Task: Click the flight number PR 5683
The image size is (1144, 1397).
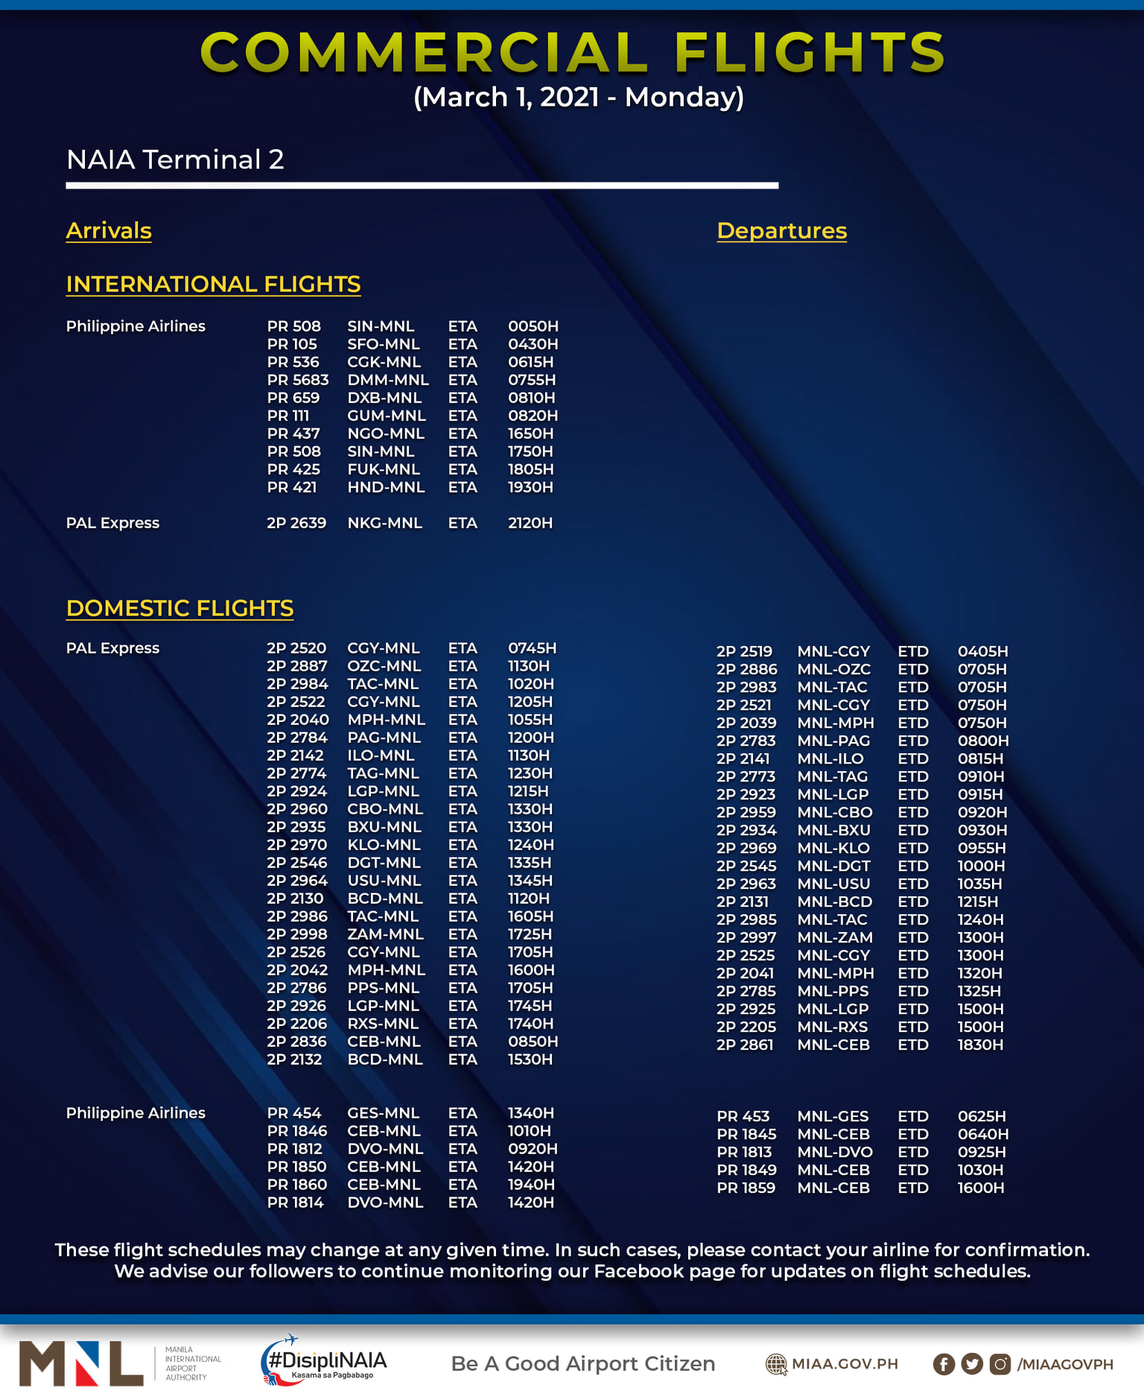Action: tap(297, 380)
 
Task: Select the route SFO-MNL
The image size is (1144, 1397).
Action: tap(383, 344)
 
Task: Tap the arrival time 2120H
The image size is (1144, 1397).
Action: tap(530, 523)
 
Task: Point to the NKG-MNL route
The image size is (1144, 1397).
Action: tap(384, 523)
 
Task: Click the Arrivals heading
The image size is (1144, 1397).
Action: tap(109, 231)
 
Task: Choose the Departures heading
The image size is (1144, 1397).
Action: tap(781, 231)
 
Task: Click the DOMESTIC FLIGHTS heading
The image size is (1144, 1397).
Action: tap(179, 608)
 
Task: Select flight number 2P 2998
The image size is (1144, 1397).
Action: tap(296, 934)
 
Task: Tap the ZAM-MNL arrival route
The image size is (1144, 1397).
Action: tap(385, 934)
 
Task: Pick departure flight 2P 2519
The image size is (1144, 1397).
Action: tap(744, 651)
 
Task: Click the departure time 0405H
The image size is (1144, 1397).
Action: tap(982, 651)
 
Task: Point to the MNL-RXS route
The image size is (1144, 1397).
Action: tap(832, 1027)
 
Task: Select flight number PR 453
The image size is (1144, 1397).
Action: tap(743, 1116)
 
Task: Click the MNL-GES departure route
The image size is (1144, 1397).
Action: tap(833, 1116)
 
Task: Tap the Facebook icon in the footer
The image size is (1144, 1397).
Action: tap(944, 1364)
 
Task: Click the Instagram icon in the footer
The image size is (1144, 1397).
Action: tap(1000, 1364)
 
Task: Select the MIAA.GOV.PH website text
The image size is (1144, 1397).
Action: tap(844, 1364)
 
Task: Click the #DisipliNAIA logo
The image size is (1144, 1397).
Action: tap(324, 1361)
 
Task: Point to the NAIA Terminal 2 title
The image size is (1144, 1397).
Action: tap(175, 159)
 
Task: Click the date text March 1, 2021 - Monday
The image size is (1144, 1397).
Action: tap(579, 97)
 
